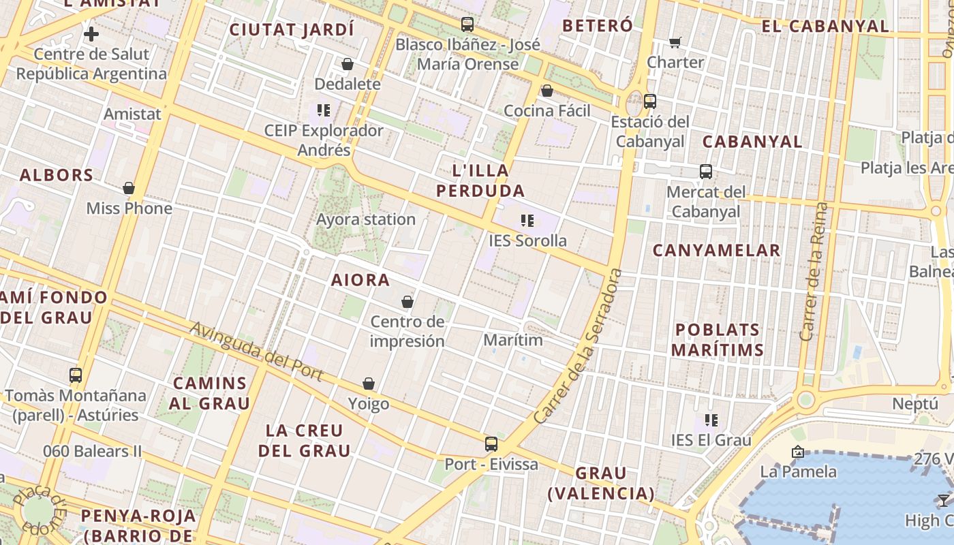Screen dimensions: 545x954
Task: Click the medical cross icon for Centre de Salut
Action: (91, 33)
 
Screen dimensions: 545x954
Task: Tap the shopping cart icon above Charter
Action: (675, 43)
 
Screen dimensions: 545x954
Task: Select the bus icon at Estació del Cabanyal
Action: (650, 102)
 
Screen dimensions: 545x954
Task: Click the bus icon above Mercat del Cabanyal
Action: (706, 172)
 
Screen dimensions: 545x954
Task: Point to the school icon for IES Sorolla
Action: (527, 221)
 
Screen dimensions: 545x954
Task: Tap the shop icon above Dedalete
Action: (348, 65)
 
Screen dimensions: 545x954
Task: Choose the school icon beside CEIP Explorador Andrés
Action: (324, 110)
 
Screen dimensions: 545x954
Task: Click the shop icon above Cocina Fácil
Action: (547, 91)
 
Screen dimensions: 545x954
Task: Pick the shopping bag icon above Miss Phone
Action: (129, 189)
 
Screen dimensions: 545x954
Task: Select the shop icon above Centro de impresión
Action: (407, 302)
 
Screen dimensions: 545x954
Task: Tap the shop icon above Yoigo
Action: (369, 384)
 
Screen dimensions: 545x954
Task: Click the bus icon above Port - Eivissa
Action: (491, 444)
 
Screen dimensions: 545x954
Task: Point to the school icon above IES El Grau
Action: (711, 420)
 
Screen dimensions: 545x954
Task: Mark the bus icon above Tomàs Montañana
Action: (76, 375)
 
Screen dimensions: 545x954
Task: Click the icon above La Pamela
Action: (797, 452)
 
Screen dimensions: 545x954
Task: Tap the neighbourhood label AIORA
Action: (360, 280)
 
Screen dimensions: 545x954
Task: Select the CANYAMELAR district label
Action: (716, 251)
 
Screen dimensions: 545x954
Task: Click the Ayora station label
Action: (366, 219)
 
